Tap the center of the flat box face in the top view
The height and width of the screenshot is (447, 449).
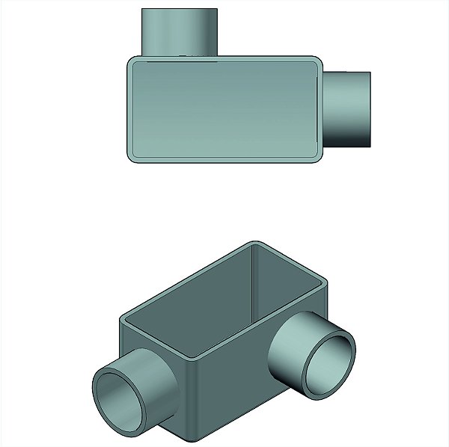click(224, 108)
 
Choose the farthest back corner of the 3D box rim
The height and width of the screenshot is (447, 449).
click(254, 244)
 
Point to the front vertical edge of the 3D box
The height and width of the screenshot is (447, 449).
click(197, 396)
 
